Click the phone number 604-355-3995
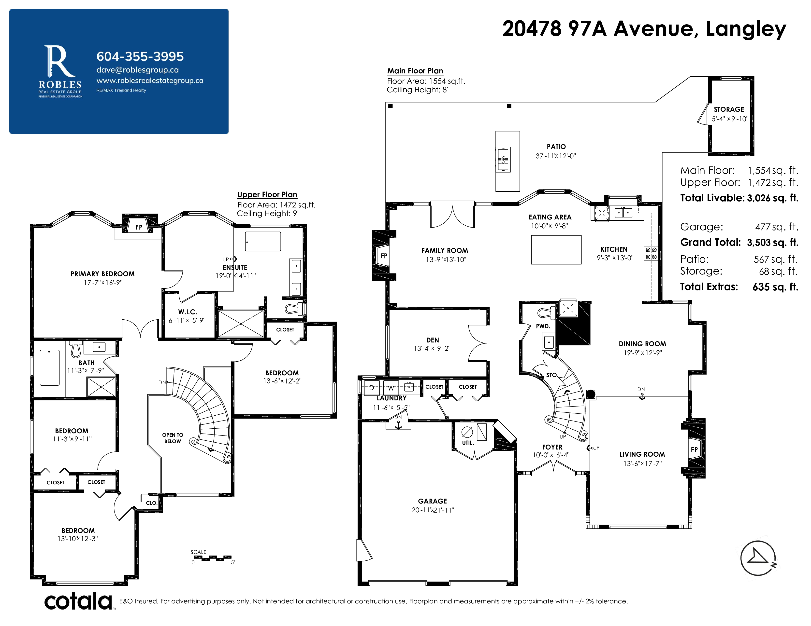140,56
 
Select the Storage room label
729,109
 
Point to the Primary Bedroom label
102,274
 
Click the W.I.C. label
188,312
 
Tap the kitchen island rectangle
556,250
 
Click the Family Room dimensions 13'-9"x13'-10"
446,259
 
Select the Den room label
432,340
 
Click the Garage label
432,501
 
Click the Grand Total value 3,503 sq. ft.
772,243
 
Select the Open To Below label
173,438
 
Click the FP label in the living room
694,449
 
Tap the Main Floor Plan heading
415,71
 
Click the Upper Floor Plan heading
267,195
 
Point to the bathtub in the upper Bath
49,367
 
